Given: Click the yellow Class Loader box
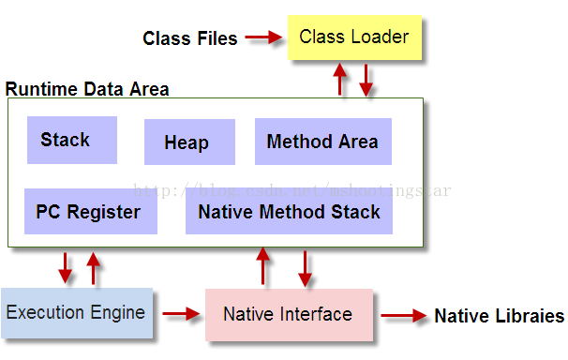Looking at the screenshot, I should (353, 37).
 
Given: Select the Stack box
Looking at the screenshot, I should (72, 141).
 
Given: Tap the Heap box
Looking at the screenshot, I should (188, 142).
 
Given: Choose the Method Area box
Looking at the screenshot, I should (322, 142).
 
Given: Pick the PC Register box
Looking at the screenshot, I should (90, 211).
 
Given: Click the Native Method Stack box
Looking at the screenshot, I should (289, 211).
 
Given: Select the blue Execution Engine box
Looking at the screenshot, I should (76, 313).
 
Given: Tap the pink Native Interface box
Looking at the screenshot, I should (288, 315).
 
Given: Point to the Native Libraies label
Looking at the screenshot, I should (499, 316).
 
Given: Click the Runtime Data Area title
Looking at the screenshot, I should (87, 90).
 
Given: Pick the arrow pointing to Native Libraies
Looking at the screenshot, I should (404, 316).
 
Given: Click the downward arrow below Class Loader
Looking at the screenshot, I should (366, 80).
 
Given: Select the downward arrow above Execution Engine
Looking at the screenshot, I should (65, 267).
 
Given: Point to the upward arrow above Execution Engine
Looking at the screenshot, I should (93, 267).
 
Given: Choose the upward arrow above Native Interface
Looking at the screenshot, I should (263, 266).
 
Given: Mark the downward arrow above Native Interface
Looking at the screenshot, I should (305, 266).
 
